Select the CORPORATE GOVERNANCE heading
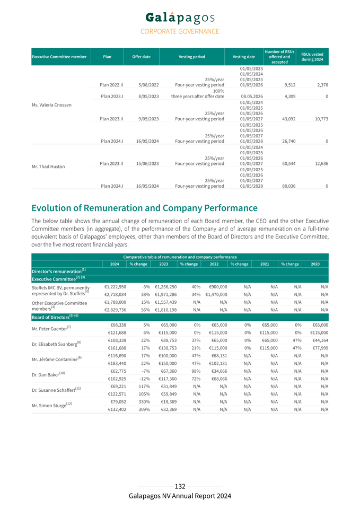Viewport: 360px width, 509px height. tap(180, 31)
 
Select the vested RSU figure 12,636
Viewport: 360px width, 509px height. tap(320, 164)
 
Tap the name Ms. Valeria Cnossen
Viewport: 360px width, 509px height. tap(55, 104)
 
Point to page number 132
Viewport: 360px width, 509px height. tap(180, 486)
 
